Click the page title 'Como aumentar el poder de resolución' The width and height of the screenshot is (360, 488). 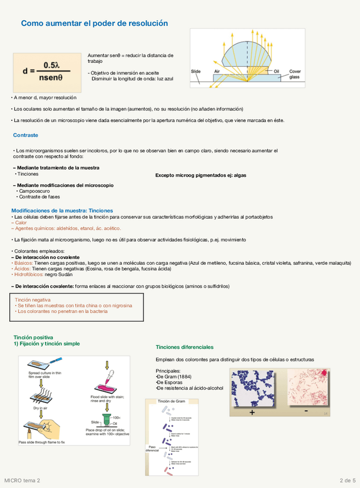click(x=94, y=23)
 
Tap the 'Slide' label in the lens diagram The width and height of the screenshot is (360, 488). click(x=196, y=71)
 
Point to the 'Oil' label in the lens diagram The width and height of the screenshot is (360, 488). click(x=276, y=71)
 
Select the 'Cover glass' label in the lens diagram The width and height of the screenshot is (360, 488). click(x=294, y=74)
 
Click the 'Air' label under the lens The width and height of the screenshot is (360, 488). click(x=217, y=71)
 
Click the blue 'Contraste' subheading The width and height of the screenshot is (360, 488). click(x=25, y=135)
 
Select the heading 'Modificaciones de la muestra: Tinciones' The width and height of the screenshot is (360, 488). click(x=62, y=211)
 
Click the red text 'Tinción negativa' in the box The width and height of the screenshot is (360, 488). click(x=33, y=300)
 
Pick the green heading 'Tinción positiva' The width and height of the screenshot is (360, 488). click(x=33, y=337)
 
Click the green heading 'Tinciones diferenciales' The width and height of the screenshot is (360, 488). click(x=184, y=347)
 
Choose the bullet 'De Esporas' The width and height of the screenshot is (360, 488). click(x=170, y=382)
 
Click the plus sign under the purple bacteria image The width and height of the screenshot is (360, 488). click(x=252, y=412)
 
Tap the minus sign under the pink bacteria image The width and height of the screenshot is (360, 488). click(x=306, y=411)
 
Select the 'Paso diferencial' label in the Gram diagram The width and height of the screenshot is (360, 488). click(x=153, y=449)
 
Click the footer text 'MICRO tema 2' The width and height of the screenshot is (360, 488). click(x=22, y=480)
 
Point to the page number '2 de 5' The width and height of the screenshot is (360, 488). click(x=347, y=480)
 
